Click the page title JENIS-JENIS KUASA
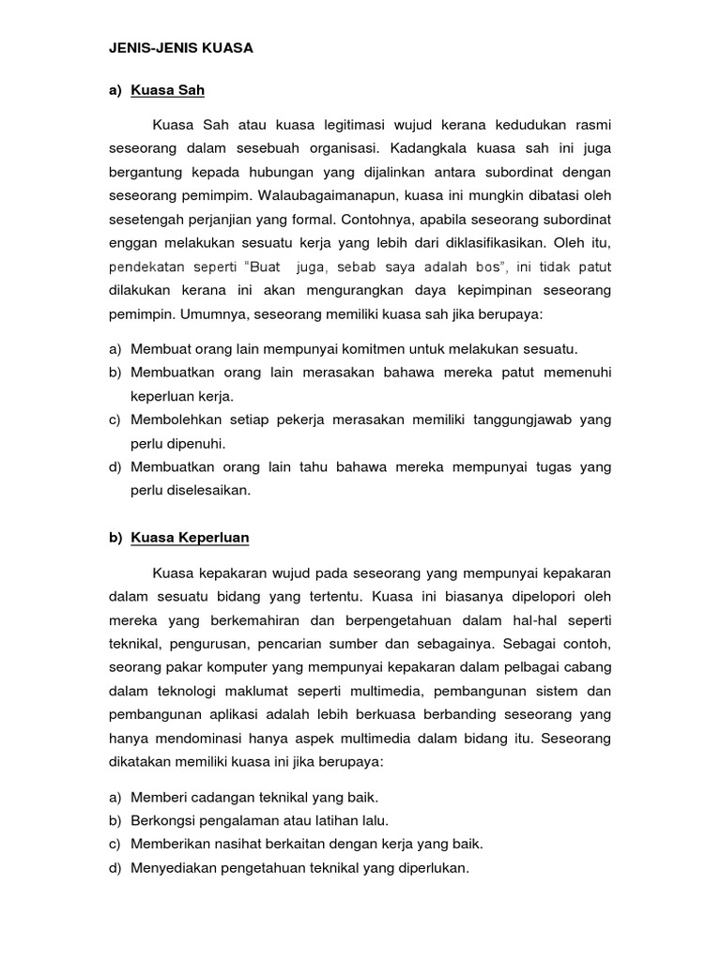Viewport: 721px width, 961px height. point(180,47)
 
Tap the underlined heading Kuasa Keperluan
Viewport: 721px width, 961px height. point(190,538)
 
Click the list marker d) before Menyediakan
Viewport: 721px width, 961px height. point(115,868)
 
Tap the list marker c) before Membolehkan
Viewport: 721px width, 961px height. point(115,419)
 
